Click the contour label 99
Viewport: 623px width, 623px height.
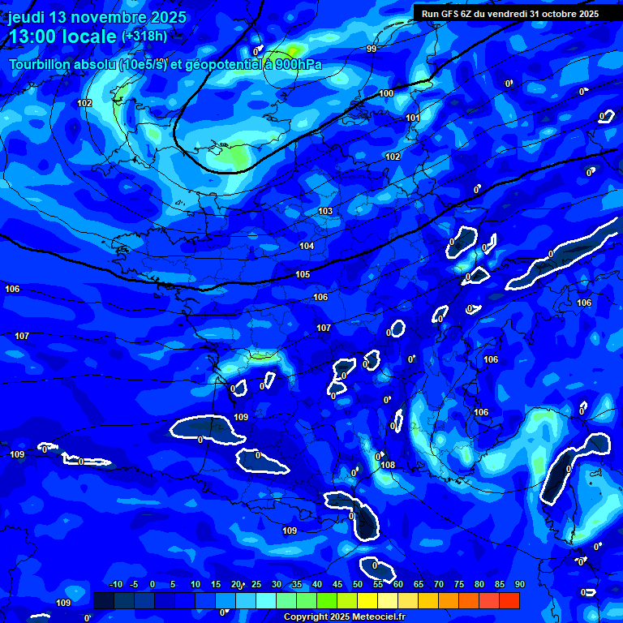coord(372,49)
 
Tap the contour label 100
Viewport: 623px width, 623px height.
coord(386,94)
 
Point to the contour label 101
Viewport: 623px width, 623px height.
coord(413,118)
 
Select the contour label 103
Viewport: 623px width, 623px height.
coord(325,212)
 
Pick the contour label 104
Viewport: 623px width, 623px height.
coord(307,246)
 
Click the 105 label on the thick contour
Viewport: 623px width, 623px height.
coord(303,275)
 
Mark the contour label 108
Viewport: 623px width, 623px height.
coord(388,466)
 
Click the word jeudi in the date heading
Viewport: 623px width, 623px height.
coord(26,17)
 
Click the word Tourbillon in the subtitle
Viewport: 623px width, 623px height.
coord(39,65)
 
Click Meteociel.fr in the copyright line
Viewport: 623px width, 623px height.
coord(376,617)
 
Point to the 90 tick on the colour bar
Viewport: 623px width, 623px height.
coord(519,585)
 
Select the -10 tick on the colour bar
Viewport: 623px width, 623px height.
coord(115,585)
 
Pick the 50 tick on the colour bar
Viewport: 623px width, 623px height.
coord(358,585)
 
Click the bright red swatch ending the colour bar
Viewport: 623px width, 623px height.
coord(509,600)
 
